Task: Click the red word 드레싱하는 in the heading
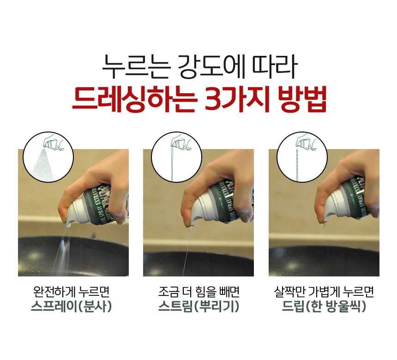134,99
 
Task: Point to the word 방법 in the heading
302,99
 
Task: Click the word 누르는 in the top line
136,67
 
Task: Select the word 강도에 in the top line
211,67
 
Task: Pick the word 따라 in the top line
275,67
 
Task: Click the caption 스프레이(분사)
72,306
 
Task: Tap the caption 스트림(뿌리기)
199,306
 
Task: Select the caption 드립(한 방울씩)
324,306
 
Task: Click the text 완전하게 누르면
72,292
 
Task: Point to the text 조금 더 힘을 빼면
199,292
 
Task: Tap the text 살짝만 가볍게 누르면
324,292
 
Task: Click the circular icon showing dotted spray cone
48,157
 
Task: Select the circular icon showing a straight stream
176,157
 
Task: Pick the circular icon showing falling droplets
302,157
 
